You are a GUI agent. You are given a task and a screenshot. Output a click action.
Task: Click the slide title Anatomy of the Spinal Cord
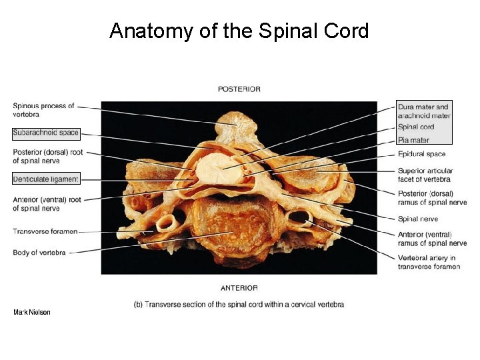(239, 31)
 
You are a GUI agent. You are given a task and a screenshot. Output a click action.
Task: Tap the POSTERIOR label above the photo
(239, 89)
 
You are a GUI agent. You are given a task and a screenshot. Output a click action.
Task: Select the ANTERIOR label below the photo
(239, 288)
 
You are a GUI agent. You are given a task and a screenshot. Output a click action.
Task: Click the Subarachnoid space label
(45, 133)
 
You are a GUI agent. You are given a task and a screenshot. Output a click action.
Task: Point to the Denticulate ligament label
(45, 179)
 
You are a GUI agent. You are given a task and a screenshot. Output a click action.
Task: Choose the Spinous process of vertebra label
(43, 110)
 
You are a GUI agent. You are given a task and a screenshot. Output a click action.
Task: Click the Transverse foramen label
(45, 231)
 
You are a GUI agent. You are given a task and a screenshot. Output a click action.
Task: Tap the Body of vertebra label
(39, 253)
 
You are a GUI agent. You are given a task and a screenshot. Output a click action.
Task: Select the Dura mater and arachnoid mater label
(423, 111)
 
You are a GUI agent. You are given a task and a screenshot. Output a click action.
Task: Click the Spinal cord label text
(416, 127)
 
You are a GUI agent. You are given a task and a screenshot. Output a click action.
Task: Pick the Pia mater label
(413, 140)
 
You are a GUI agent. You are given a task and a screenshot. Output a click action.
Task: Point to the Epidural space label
(421, 154)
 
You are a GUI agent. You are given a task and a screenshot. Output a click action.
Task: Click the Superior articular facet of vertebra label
(424, 174)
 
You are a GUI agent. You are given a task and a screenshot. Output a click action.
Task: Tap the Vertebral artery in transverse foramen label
(429, 262)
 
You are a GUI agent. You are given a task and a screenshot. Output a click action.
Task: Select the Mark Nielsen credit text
(31, 312)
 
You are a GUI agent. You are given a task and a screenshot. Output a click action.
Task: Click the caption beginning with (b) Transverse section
(239, 305)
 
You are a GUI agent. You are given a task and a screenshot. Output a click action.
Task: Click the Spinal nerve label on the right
(417, 219)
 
